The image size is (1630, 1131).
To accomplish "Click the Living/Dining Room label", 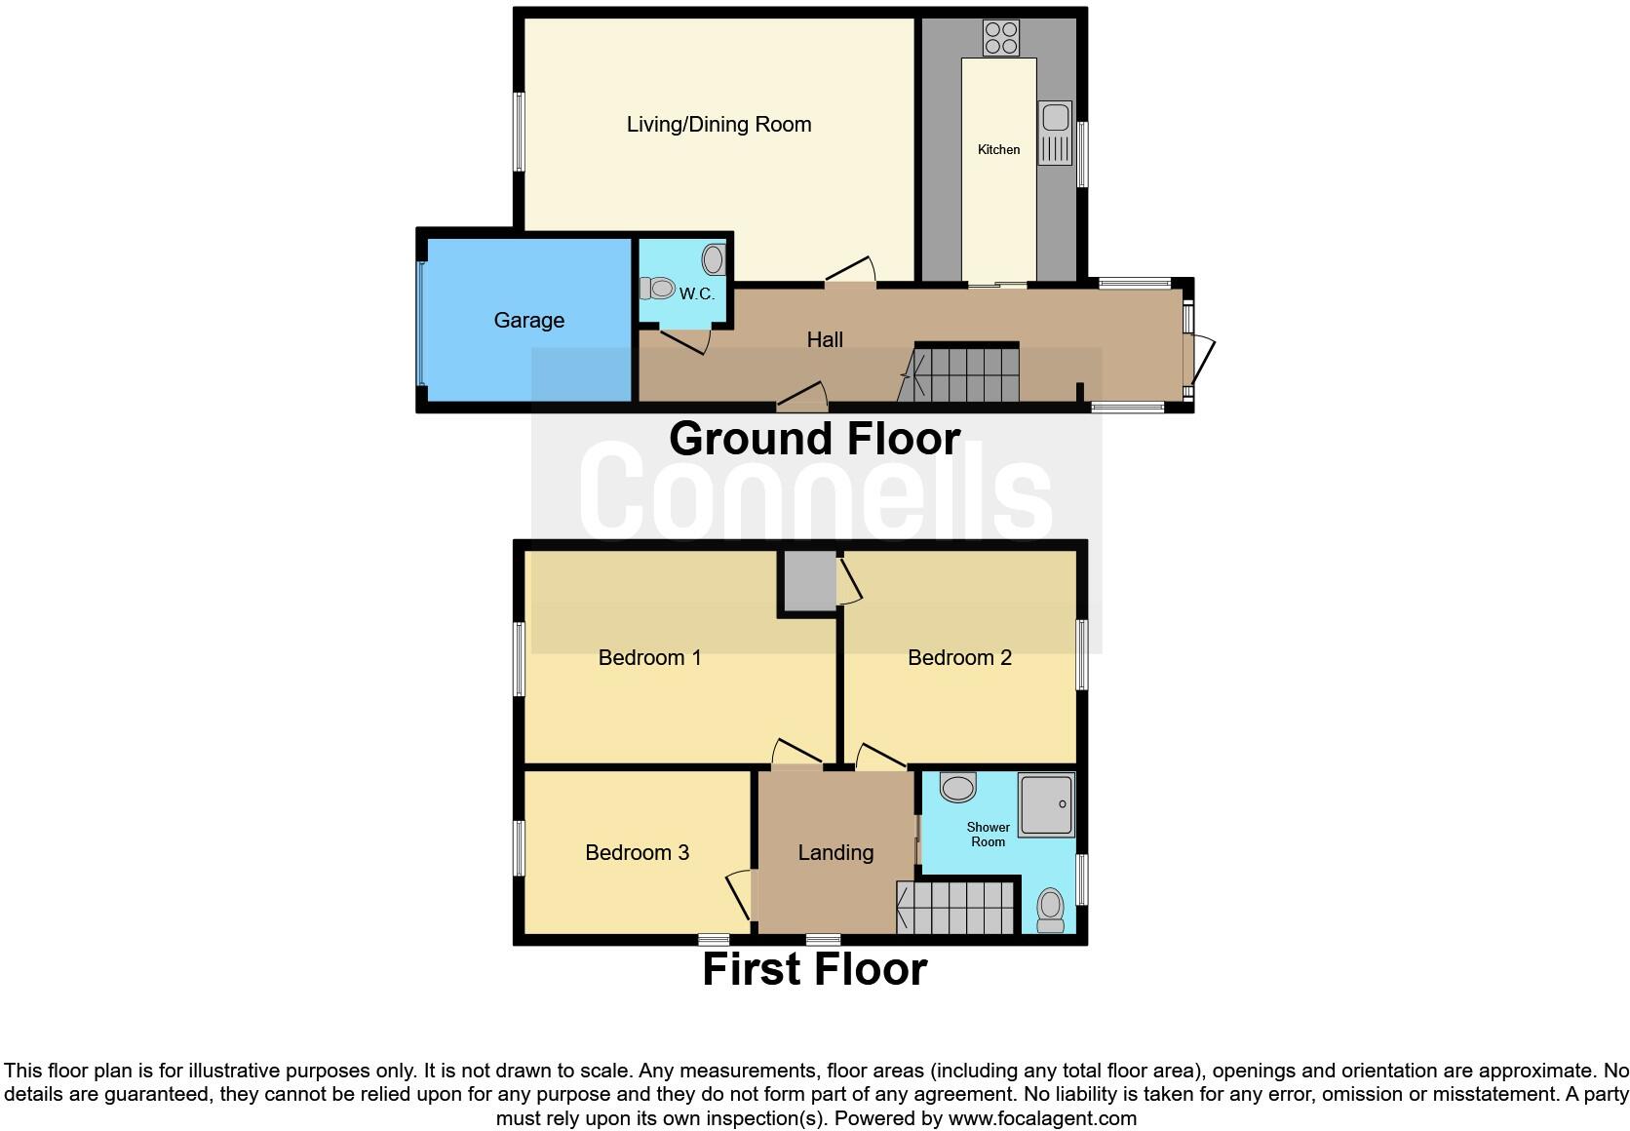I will [718, 125].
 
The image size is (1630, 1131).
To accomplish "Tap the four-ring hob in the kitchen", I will [1001, 38].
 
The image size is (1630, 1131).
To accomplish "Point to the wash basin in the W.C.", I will [713, 259].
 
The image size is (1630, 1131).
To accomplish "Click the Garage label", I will [528, 321].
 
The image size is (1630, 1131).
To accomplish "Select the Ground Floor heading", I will [814, 439].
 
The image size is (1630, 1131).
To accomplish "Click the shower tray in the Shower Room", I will [1046, 804].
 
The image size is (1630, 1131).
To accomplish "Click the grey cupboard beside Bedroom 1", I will [806, 582].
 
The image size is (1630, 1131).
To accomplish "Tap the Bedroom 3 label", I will [637, 853].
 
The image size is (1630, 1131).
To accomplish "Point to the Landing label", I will [835, 853].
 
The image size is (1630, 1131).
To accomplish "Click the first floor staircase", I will [958, 908].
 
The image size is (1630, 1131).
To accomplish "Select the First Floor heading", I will [814, 969].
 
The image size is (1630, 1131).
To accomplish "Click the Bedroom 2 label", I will [959, 658].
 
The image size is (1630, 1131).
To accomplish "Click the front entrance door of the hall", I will [1200, 361].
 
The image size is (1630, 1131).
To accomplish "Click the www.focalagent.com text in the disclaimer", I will [1041, 1118].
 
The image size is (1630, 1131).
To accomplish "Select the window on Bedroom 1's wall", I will [520, 659].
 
